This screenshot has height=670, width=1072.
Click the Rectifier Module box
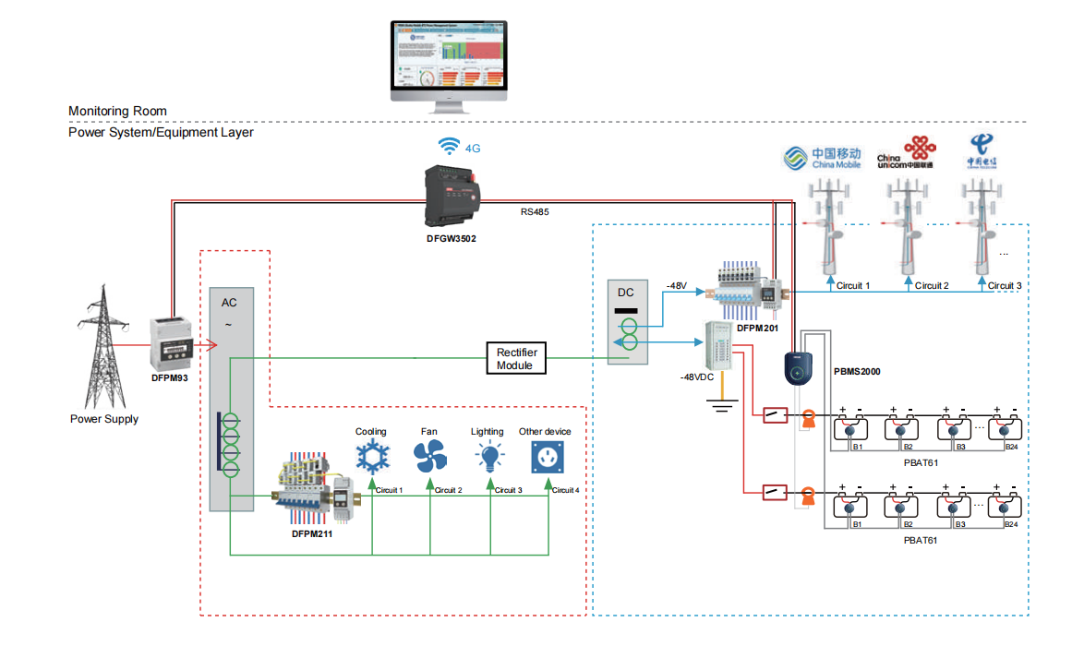pos(517,358)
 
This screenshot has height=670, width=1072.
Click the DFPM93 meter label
pos(170,377)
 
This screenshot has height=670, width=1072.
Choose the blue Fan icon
pos(429,456)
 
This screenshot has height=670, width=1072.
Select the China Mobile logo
pos(822,157)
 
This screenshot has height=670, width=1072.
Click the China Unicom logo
pos(906,152)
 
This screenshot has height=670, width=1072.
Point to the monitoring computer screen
pos(449,57)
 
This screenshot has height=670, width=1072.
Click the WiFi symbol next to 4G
pos(449,147)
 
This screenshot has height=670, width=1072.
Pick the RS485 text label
pos(535,212)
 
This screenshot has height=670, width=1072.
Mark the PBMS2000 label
pos(857,371)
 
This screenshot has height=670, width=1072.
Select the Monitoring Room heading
pos(117,111)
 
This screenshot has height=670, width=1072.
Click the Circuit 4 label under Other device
pos(565,490)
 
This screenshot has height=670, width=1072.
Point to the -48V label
pos(676,286)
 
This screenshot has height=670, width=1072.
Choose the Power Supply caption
pos(104,419)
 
